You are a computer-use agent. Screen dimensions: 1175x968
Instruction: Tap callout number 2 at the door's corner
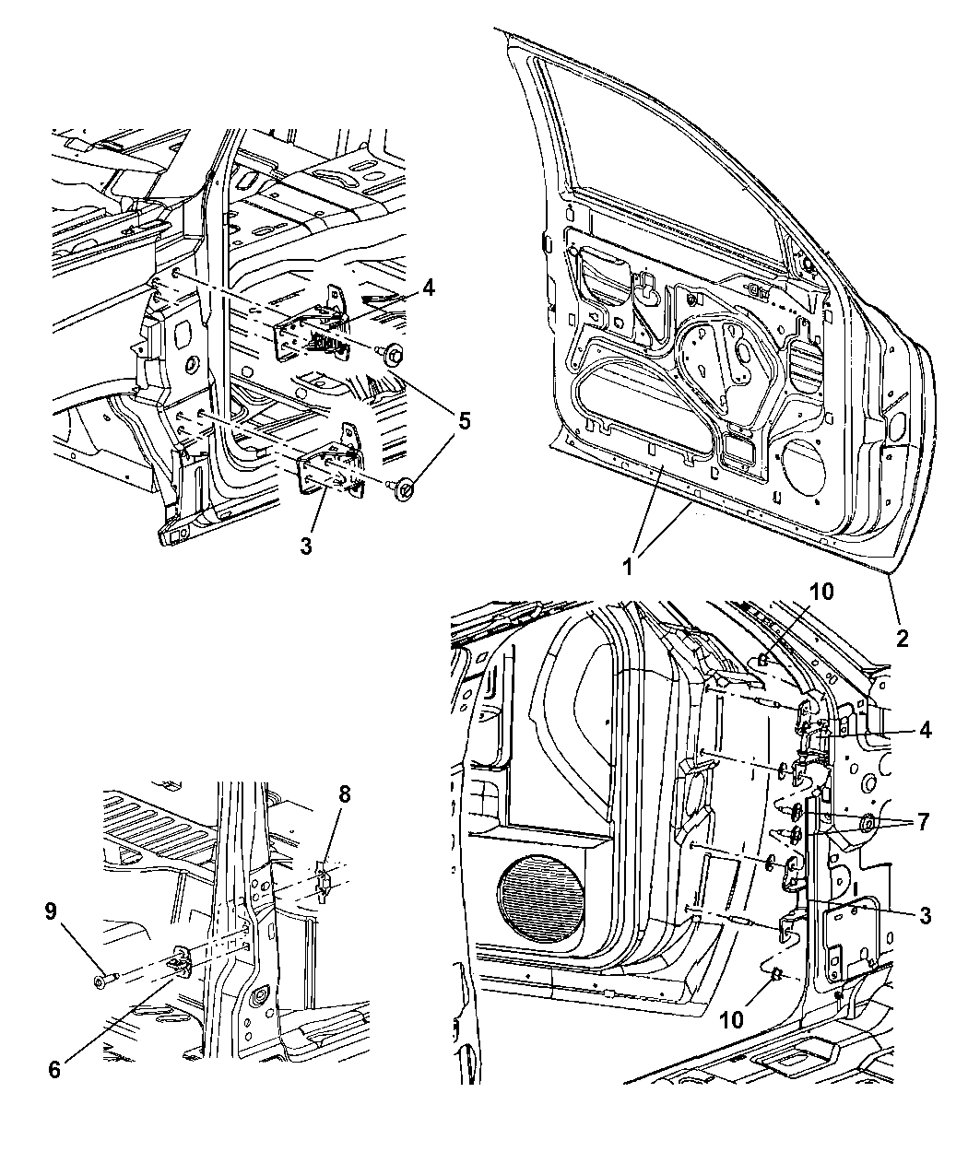coord(902,637)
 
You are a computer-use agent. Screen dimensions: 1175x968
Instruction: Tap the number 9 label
coord(52,911)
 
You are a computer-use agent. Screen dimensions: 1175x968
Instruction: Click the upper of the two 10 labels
coord(820,591)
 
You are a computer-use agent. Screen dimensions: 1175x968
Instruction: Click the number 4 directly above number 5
coord(428,288)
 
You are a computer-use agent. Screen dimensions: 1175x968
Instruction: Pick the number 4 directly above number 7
coord(925,730)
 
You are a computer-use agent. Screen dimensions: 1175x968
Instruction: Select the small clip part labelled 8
coord(323,881)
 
